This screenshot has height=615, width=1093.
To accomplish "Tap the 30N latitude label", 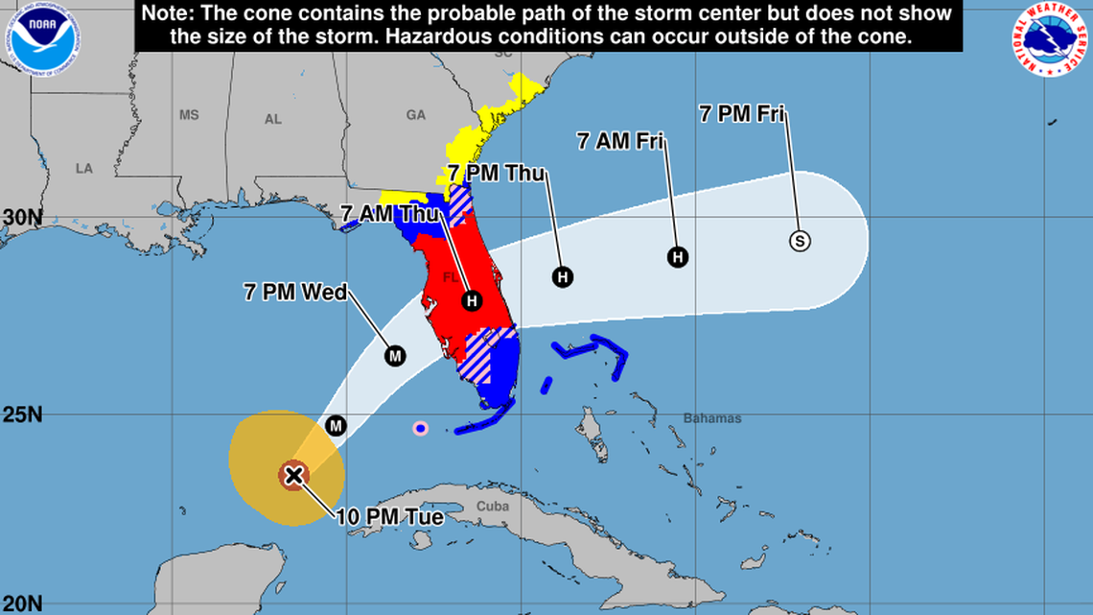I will (21, 218).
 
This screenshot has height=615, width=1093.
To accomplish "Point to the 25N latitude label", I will (21, 415).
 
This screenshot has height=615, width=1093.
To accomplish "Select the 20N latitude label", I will (21, 603).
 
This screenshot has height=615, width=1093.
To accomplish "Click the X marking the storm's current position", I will (293, 474).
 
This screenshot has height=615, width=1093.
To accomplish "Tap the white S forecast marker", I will (800, 241).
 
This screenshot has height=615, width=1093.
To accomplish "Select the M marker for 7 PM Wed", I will (395, 356).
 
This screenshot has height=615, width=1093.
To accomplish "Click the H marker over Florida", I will (471, 301).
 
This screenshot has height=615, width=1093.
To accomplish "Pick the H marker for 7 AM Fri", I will (678, 257).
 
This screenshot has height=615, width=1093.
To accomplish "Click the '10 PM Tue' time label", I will (389, 517).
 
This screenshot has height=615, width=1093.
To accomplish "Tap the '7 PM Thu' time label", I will (497, 175).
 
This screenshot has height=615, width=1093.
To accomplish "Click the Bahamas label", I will (712, 418).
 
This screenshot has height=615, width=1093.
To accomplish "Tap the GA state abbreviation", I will (415, 115).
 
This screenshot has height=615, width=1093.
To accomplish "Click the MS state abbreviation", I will (189, 115).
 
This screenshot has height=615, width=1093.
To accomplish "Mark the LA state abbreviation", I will (84, 169).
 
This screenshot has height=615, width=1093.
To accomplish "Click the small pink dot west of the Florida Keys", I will (420, 428).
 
